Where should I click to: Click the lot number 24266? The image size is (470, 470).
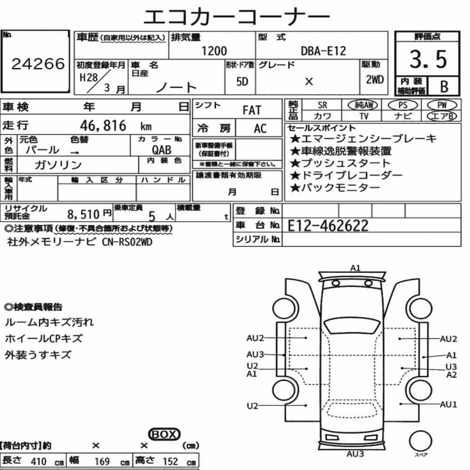point(38,63)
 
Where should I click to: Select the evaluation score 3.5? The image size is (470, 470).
point(428,59)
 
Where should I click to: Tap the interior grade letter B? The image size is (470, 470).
point(444,86)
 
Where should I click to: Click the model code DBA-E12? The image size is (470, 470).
point(323,51)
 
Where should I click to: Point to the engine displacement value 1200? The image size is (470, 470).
point(214,51)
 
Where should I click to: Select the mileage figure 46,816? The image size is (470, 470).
point(103,125)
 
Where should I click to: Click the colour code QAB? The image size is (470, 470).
point(162,150)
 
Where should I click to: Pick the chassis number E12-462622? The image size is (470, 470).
point(328,226)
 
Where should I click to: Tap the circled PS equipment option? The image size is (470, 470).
point(403,105)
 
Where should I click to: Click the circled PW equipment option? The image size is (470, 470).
point(442,105)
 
